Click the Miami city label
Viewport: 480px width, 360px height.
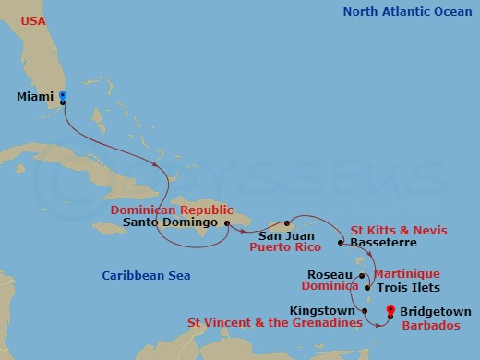(x=36, y=96)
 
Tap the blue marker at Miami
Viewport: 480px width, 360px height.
(x=62, y=95)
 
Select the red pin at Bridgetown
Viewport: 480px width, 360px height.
(x=390, y=311)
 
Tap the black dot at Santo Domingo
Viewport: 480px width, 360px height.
(x=226, y=222)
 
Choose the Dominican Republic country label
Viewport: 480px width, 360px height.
(x=172, y=210)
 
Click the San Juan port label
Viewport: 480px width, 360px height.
(x=273, y=235)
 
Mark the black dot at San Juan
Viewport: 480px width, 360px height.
(x=288, y=223)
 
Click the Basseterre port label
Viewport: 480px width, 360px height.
(x=381, y=243)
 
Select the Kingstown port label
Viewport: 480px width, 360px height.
(x=324, y=310)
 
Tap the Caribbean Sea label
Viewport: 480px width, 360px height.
(x=140, y=275)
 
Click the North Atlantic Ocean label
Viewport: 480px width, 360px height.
(x=405, y=12)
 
